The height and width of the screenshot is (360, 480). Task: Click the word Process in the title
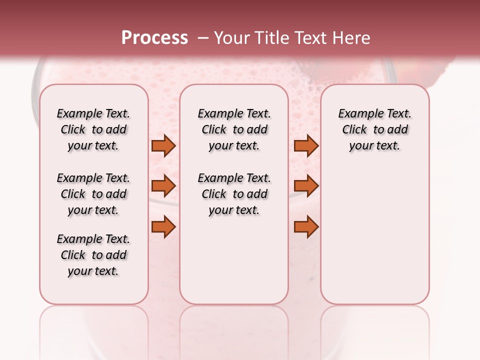(x=154, y=38)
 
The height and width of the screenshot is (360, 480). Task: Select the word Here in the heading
(x=353, y=38)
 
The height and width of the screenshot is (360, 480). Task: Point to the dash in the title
(x=203, y=38)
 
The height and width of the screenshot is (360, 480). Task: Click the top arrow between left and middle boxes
(x=163, y=146)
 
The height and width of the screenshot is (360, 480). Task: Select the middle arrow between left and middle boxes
(x=163, y=186)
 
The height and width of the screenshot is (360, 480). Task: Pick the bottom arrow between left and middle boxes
(x=163, y=227)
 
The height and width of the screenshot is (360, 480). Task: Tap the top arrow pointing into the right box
(x=306, y=146)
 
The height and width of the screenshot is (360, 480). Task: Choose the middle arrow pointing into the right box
(x=306, y=186)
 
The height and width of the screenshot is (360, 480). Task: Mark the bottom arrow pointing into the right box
(x=306, y=227)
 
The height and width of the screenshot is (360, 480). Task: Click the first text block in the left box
(x=93, y=129)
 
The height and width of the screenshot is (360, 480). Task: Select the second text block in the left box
(x=93, y=194)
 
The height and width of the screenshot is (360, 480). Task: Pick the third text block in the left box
(x=93, y=255)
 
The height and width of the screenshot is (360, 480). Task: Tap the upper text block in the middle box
(x=234, y=129)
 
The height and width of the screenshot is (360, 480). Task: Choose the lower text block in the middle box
(x=234, y=194)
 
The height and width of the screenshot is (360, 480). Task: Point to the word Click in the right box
(x=354, y=130)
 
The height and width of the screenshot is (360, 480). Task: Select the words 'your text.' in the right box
(x=374, y=146)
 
